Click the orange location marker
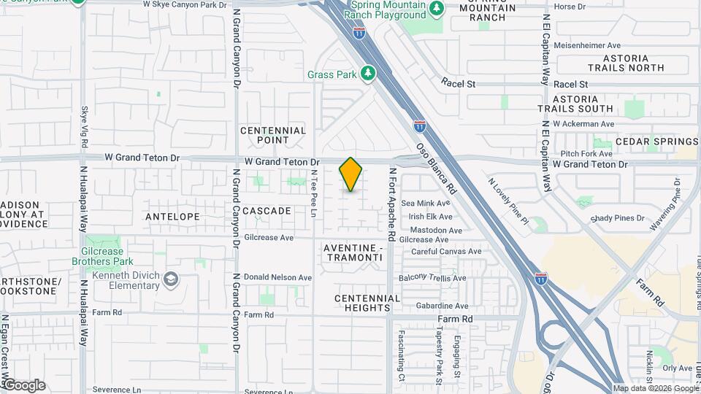click(351, 174)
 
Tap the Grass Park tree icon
click(369, 74)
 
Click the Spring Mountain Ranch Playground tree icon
click(437, 8)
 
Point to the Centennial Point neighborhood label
click(273, 135)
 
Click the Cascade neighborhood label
click(267, 211)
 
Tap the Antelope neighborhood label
click(172, 217)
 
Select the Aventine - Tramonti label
click(353, 253)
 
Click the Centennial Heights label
click(367, 303)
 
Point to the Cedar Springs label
click(656, 142)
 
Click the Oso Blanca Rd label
click(436, 167)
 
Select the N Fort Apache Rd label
click(392, 205)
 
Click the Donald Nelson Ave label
click(277, 278)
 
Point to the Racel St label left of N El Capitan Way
click(459, 84)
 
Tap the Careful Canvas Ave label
click(446, 252)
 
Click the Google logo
click(23, 385)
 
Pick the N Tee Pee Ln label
click(314, 193)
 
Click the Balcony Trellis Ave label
click(432, 278)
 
